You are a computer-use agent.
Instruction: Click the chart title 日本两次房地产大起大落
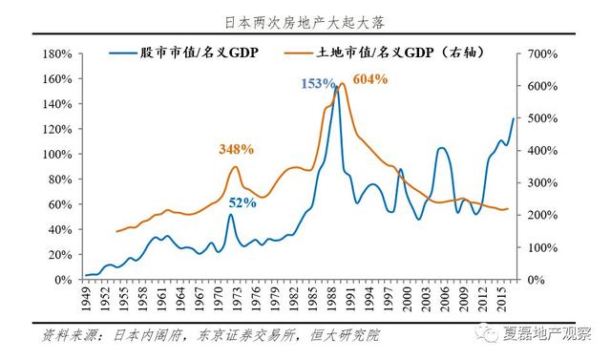click(305, 20)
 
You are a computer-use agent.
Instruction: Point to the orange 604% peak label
click(370, 79)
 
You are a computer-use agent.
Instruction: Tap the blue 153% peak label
click(317, 84)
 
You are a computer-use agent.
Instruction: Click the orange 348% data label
click(235, 149)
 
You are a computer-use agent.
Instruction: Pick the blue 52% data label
click(242, 201)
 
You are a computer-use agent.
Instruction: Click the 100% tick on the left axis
click(60, 153)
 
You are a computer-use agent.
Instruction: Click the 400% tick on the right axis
click(538, 150)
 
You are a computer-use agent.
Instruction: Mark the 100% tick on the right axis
click(538, 247)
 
